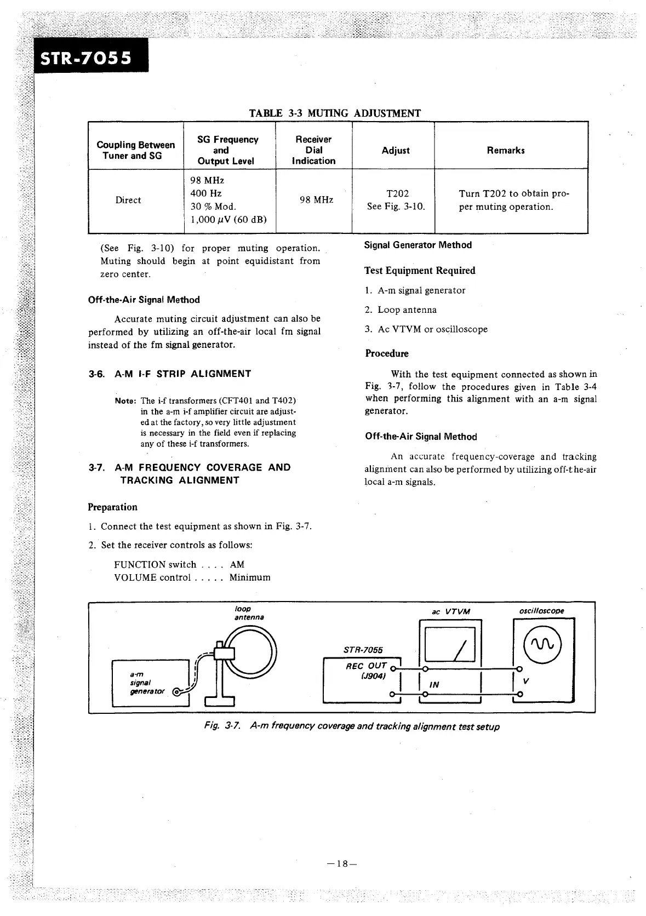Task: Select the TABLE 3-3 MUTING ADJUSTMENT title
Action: pyautogui.click(x=335, y=113)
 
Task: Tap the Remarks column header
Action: pyautogui.click(x=505, y=151)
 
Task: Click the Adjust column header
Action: pyautogui.click(x=396, y=151)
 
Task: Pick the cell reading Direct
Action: pyautogui.click(x=128, y=201)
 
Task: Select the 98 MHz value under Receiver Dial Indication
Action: pyautogui.click(x=316, y=200)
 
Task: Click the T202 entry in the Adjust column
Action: pyautogui.click(x=397, y=193)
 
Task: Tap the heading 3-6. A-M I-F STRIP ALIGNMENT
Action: pyautogui.click(x=170, y=374)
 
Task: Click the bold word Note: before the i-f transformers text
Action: pyautogui.click(x=126, y=401)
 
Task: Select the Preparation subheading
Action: pyautogui.click(x=112, y=507)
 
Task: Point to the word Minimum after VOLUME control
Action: pyautogui.click(x=250, y=577)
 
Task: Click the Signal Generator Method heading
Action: pyautogui.click(x=418, y=245)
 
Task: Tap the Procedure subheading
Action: pyautogui.click(x=387, y=354)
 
